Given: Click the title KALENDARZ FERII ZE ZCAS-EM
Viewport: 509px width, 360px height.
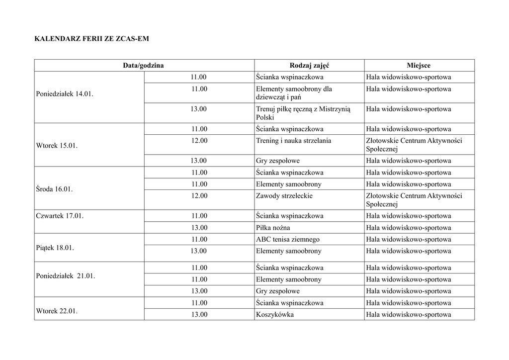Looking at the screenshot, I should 91,38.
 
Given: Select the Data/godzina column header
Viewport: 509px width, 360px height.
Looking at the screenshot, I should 144,66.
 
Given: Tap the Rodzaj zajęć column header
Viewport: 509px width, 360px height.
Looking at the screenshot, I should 309,66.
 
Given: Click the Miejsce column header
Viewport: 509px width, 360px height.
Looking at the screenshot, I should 419,66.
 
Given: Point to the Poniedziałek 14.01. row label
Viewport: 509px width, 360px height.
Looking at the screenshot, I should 64,94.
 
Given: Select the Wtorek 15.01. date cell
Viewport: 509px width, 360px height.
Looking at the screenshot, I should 57,146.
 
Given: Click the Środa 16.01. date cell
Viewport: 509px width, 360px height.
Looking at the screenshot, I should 55,189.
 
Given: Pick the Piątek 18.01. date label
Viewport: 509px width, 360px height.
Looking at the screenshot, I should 55,248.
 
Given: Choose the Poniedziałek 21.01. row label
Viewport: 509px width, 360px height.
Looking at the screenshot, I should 66,276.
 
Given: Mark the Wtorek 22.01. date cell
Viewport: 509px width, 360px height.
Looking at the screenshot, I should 57,311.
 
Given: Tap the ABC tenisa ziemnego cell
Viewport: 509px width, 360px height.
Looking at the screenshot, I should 288,239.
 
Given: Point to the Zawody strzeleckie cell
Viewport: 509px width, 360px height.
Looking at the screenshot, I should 284,196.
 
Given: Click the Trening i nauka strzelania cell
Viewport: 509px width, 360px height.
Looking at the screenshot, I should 293,141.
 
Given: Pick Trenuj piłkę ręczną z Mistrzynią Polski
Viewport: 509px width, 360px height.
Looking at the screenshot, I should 303,113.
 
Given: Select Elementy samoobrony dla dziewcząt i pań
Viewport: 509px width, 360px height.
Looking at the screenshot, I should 294,93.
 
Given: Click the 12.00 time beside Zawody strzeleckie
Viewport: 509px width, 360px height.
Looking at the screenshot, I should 199,196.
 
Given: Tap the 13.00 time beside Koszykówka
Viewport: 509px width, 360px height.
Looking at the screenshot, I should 199,315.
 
